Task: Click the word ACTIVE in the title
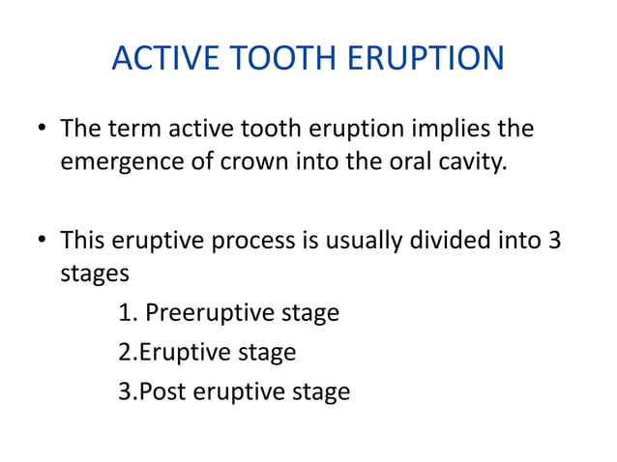click(160, 59)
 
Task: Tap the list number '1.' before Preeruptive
click(127, 313)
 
